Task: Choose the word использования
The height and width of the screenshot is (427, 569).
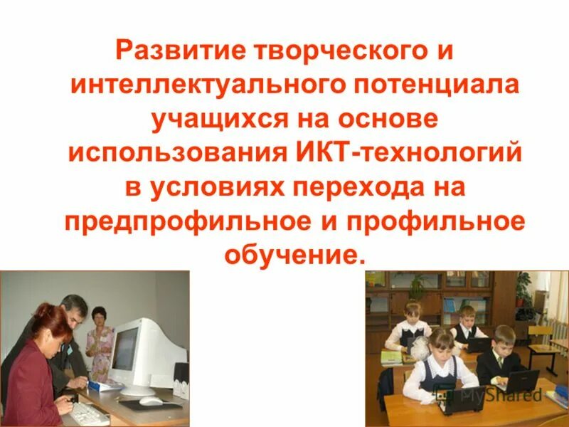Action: pyautogui.click(x=178, y=154)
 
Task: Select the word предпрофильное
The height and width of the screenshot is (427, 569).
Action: pyautogui.click(x=181, y=221)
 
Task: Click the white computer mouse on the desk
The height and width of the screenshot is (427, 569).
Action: pyautogui.click(x=150, y=401)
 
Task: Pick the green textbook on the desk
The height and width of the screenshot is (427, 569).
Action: pyautogui.click(x=392, y=356)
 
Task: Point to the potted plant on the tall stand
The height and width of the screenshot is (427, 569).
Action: pyautogui.click(x=524, y=291)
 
